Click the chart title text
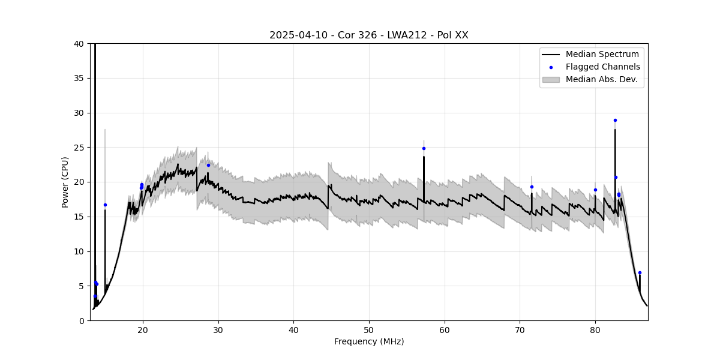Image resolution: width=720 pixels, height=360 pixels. [x=368, y=35]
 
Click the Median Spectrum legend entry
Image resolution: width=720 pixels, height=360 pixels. [x=602, y=55]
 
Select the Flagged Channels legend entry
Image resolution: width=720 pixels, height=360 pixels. [x=602, y=67]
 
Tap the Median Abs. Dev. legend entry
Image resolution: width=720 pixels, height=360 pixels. [x=602, y=79]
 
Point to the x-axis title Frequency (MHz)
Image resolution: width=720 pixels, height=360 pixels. [x=369, y=342]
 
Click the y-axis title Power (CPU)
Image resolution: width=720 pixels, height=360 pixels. [x=65, y=182]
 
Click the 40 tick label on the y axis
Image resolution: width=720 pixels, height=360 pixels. [x=78, y=44]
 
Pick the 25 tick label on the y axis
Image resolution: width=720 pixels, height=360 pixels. [x=78, y=148]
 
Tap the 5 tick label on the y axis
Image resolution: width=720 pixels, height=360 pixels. [x=80, y=286]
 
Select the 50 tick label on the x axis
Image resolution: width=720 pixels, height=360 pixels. [x=369, y=329]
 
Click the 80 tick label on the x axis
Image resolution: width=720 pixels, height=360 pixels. [x=595, y=329]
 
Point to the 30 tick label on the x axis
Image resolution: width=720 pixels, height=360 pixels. [x=218, y=329]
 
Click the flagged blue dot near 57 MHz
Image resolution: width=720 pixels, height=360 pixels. [x=424, y=148]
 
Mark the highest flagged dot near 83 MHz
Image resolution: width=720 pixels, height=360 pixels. [x=615, y=120]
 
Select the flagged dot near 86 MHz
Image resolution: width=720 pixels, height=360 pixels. [x=640, y=272]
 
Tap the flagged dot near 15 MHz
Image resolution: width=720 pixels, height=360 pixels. [x=105, y=205]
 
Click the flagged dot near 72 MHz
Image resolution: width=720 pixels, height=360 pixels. [x=532, y=187]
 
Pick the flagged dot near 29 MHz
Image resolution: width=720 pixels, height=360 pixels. [x=209, y=165]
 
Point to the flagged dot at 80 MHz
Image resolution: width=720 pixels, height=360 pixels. [x=595, y=190]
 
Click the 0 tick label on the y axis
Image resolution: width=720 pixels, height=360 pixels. [x=80, y=321]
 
